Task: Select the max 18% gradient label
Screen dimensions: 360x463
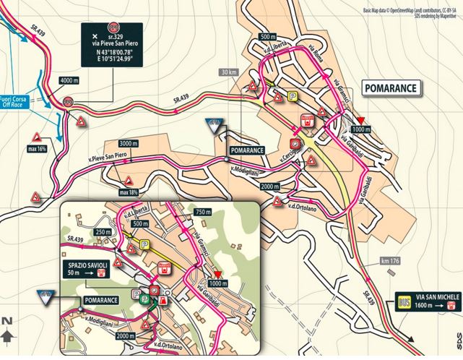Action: [129, 192]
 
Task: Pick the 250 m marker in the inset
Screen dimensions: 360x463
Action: [103, 231]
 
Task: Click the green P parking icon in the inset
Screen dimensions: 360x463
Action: [135, 295]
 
